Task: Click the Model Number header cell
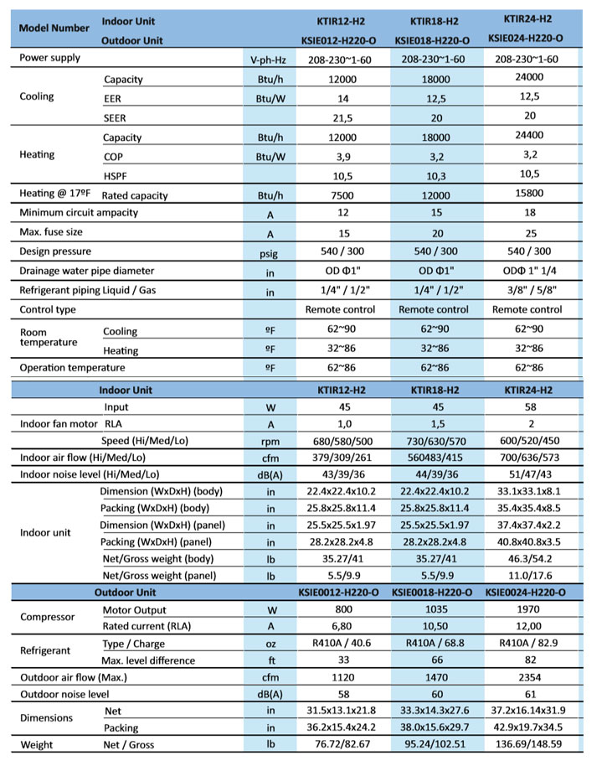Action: (x=54, y=28)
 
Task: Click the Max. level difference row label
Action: (x=148, y=660)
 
